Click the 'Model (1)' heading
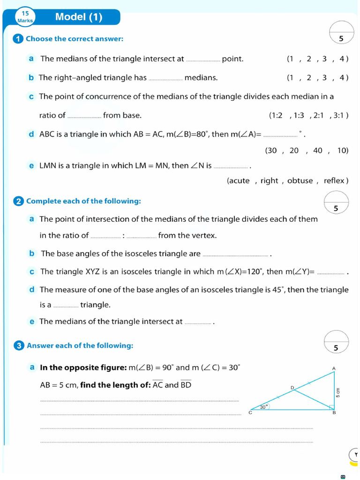78,17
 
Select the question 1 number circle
18,39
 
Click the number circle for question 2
19,202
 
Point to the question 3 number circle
19,346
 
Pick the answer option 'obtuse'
300,181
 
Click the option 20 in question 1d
294,150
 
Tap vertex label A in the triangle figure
334,368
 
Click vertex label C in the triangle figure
250,413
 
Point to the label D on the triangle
292,388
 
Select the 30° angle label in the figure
264,407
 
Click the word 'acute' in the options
239,181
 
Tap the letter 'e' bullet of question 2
32,322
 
